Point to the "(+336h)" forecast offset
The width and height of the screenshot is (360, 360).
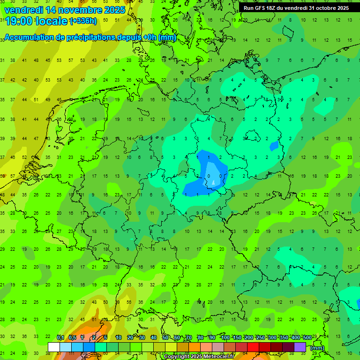click(x=83, y=21)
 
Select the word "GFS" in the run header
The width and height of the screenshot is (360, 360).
click(x=262, y=8)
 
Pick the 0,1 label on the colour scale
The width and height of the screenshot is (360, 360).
click(x=60, y=338)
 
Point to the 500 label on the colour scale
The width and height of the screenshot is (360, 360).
click(x=307, y=338)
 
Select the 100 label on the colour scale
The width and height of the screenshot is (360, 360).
click(x=225, y=338)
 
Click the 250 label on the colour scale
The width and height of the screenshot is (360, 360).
click(x=260, y=338)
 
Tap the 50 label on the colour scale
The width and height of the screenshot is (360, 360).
click(x=165, y=338)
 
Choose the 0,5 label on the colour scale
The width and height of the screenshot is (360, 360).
click(x=72, y=338)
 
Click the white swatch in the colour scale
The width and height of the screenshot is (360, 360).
click(x=54, y=347)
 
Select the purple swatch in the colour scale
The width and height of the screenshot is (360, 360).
click(x=300, y=347)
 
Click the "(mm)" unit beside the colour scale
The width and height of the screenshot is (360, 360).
click(x=317, y=348)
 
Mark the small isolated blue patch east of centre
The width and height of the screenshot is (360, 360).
click(x=274, y=146)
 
